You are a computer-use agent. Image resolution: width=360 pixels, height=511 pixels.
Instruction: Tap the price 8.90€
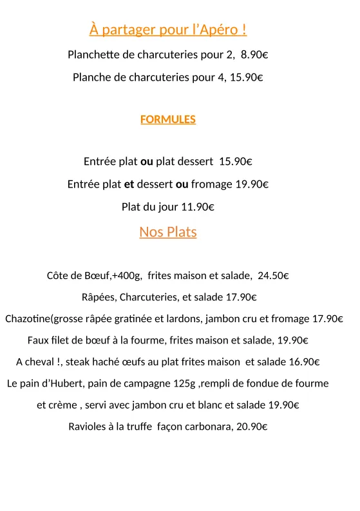[254, 55]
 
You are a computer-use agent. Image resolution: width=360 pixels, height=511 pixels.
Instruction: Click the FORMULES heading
[168, 119]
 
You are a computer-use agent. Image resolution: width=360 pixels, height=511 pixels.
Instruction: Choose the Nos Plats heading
[168, 232]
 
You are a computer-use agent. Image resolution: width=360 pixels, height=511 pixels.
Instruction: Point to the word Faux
[38, 340]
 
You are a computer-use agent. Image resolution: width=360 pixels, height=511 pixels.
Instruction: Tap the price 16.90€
[304, 362]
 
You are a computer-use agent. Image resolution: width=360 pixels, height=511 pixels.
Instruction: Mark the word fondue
[265, 383]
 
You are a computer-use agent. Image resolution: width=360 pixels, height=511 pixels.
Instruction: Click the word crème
[63, 405]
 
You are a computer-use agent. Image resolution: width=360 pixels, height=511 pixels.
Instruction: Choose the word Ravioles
[88, 427]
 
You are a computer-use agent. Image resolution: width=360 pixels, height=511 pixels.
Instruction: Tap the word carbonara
[209, 427]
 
